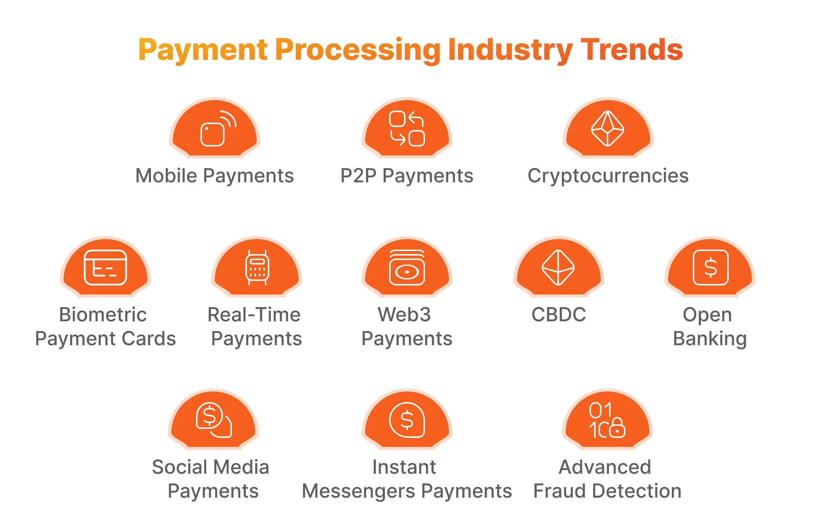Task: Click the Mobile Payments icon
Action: (x=215, y=129)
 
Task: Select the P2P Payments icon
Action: (x=407, y=129)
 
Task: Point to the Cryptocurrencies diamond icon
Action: (x=608, y=129)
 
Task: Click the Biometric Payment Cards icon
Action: (x=105, y=267)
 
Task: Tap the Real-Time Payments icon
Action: (x=257, y=267)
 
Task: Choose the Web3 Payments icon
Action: (x=407, y=267)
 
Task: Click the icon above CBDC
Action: (x=558, y=267)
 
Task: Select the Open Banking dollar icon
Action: (x=710, y=267)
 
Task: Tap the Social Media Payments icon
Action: (x=214, y=420)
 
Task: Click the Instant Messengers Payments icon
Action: (x=407, y=420)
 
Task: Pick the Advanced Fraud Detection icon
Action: (x=608, y=420)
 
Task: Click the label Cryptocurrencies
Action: (x=608, y=176)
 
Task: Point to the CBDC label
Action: (x=559, y=315)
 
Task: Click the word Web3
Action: (x=404, y=315)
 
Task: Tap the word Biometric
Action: (x=103, y=315)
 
